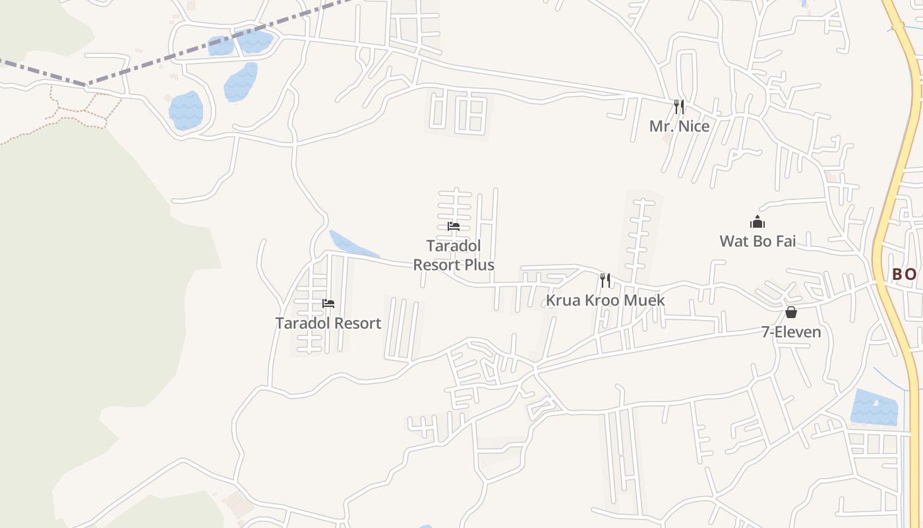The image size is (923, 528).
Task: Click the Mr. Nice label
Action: [679, 126]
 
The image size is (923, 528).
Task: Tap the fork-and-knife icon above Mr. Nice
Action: [679, 106]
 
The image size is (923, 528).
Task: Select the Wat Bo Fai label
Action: [758, 241]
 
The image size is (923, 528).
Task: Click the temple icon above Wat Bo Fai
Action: [758, 222]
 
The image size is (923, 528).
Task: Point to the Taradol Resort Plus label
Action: [454, 255]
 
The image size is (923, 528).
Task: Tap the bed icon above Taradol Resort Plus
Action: [454, 226]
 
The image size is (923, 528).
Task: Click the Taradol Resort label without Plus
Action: [328, 323]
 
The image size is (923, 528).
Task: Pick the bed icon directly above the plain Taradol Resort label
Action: [328, 304]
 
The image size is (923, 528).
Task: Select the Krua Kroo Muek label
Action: [605, 300]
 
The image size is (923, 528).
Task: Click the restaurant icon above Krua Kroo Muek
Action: [605, 280]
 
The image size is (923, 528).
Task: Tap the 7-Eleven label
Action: [791, 332]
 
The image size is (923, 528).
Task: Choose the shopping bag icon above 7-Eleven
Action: [791, 312]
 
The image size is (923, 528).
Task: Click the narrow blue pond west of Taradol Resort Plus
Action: [352, 246]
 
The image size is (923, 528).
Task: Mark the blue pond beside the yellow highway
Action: [875, 407]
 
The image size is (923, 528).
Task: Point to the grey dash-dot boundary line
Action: [198, 49]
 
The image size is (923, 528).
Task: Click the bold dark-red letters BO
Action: [904, 274]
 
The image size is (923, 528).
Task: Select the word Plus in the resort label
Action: [478, 265]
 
